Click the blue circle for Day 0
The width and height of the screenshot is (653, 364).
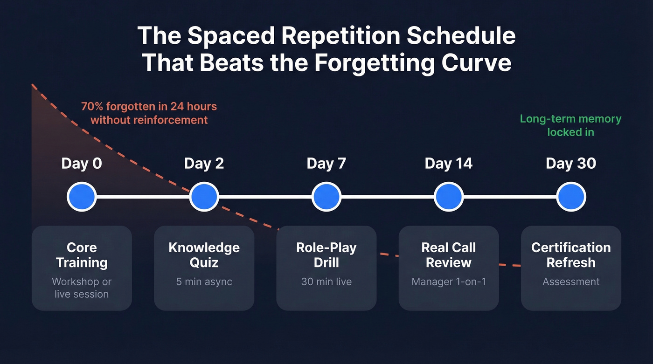82,197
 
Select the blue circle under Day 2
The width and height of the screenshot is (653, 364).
204,197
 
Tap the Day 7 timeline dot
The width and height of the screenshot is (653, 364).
326,197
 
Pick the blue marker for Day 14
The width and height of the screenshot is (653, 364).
449,197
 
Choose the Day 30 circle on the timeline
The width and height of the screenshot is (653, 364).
571,197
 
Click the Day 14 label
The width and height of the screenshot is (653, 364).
449,164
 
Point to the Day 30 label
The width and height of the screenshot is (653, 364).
571,164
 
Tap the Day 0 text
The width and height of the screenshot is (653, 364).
82,164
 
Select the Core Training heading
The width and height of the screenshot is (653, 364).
82,255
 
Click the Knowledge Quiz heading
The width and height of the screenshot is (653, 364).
204,255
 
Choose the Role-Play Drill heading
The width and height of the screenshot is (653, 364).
326,255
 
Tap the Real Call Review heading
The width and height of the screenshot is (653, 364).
449,255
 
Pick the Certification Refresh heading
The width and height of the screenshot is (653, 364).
571,255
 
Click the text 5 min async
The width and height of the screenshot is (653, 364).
204,282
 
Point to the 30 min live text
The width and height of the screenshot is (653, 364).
326,282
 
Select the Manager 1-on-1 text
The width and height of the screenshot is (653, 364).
449,282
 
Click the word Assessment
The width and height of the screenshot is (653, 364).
571,282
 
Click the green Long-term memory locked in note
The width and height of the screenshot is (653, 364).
570,125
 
